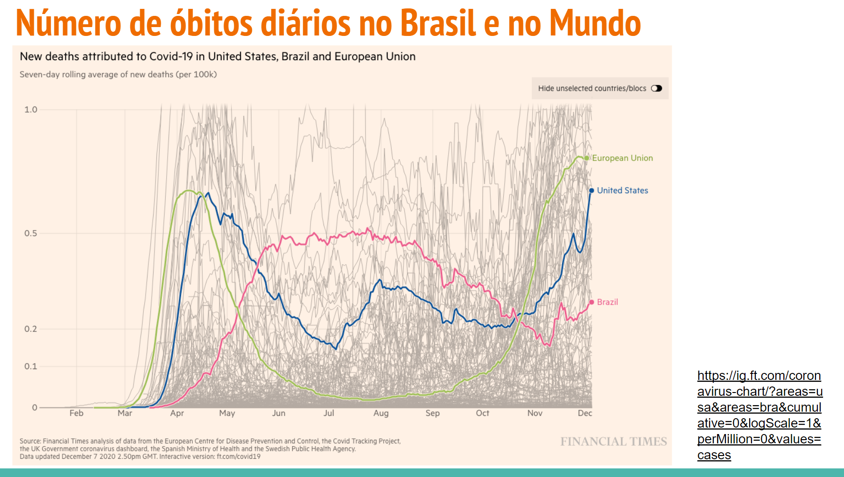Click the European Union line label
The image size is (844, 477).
click(x=622, y=158)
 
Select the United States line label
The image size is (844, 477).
click(x=622, y=190)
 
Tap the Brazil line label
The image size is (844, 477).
click(x=607, y=302)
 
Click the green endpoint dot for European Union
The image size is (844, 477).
click(x=587, y=158)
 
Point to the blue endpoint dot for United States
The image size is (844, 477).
click(x=591, y=190)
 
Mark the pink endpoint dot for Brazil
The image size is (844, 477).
click(x=592, y=302)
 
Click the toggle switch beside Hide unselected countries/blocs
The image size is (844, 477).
click(x=656, y=88)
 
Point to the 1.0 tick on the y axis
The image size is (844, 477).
click(x=31, y=110)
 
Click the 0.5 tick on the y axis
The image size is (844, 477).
click(x=31, y=233)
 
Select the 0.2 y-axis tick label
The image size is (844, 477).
click(x=31, y=329)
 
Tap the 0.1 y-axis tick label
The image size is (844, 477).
click(x=31, y=366)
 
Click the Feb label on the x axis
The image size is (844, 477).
click(x=77, y=413)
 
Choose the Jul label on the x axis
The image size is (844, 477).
click(x=329, y=413)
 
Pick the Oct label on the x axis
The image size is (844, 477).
click(x=482, y=413)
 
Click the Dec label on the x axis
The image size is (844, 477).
click(x=584, y=413)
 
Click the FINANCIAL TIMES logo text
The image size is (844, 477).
click(x=613, y=442)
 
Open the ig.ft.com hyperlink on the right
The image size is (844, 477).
click(x=760, y=415)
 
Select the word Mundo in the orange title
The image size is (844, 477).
click(x=595, y=23)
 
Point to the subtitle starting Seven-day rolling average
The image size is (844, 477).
click(x=118, y=75)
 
